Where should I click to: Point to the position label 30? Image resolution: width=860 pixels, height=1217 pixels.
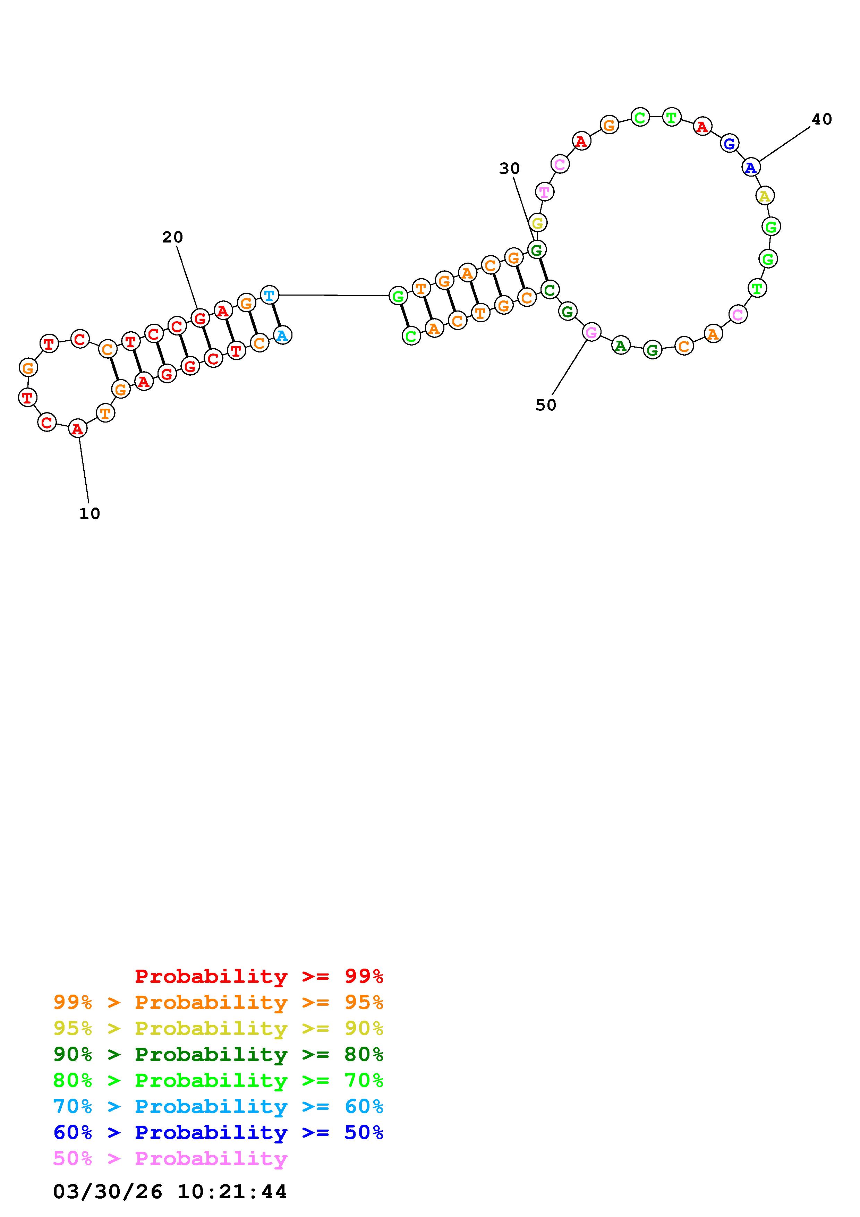(x=509, y=169)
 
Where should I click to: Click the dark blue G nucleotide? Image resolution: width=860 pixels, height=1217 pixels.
(x=730, y=143)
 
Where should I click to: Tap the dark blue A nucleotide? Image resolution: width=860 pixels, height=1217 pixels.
(x=751, y=168)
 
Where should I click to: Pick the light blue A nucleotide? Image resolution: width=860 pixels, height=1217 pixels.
(x=282, y=335)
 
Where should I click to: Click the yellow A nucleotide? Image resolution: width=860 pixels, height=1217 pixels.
(x=764, y=196)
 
